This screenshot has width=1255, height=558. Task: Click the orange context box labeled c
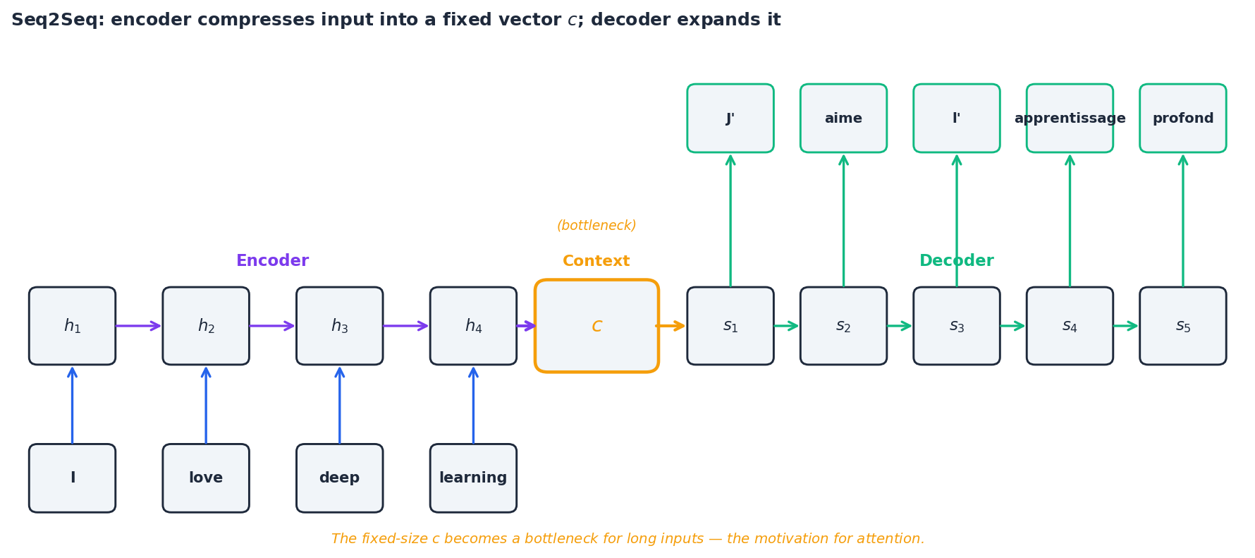tap(596, 326)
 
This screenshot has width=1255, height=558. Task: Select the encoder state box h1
tap(72, 326)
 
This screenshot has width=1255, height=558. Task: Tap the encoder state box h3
tap(339, 326)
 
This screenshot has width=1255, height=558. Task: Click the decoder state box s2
tap(843, 326)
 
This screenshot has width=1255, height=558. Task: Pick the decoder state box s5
tap(1182, 326)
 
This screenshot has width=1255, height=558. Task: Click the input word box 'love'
tap(206, 478)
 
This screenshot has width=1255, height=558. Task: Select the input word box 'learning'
tap(473, 478)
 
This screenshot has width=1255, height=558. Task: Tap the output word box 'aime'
tap(843, 119)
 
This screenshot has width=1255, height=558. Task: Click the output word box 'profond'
tap(1182, 119)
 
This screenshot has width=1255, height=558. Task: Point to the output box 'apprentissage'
tap(1070, 119)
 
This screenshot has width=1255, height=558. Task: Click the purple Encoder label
tap(272, 261)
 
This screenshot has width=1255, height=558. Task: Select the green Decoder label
tap(956, 261)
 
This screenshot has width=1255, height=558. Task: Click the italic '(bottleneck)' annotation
tap(596, 226)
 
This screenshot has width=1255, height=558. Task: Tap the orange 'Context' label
tap(596, 261)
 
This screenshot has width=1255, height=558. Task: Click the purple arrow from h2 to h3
tap(272, 326)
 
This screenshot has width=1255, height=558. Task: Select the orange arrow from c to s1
tap(671, 326)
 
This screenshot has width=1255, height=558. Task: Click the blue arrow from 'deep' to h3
tap(339, 406)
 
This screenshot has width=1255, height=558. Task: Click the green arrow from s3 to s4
tap(1012, 326)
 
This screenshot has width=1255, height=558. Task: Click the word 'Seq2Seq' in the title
tap(53, 20)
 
